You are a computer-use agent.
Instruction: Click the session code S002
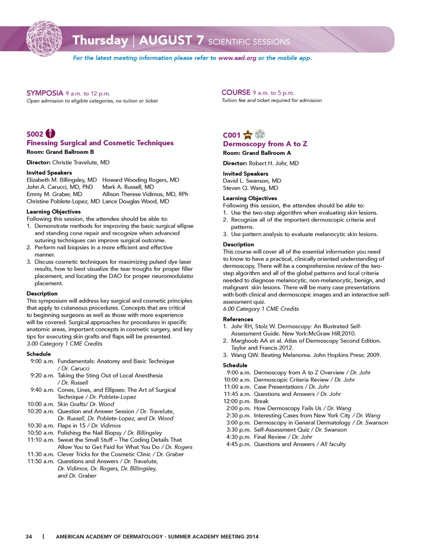pyautogui.click(x=35, y=134)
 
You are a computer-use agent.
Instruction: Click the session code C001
pyautogui.click(x=231, y=135)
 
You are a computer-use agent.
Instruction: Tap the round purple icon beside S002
pyautogui.click(x=51, y=134)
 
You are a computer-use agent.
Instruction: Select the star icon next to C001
pyautogui.click(x=247, y=134)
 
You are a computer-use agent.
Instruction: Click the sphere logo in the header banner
pyautogui.click(x=44, y=39)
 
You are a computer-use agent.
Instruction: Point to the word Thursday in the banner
pyautogui.click(x=100, y=40)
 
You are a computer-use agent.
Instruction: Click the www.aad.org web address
pyautogui.click(x=237, y=58)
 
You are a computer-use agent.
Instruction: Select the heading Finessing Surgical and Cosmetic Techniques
pyautogui.click(x=100, y=143)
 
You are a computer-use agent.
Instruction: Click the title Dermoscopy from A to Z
pyautogui.click(x=265, y=144)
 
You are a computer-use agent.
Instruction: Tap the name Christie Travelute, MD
pyautogui.click(x=81, y=162)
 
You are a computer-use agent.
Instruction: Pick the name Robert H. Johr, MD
pyautogui.click(x=274, y=163)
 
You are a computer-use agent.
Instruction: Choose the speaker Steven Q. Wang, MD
pyautogui.click(x=250, y=188)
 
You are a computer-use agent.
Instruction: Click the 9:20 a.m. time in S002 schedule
pyautogui.click(x=42, y=376)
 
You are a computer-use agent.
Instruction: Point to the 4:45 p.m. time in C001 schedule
pyautogui.click(x=238, y=444)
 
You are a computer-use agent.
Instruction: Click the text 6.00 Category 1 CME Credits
pyautogui.click(x=261, y=309)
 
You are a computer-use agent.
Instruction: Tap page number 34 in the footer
pyautogui.click(x=29, y=537)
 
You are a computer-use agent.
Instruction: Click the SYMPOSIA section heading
pyautogui.click(x=45, y=93)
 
